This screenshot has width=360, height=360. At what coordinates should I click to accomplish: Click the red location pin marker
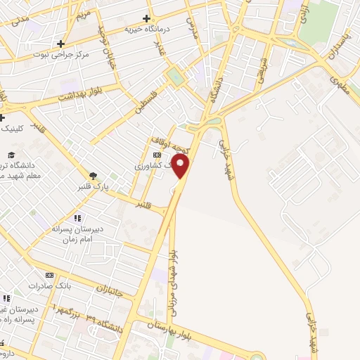(181, 167)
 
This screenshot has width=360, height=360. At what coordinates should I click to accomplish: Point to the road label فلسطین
(145, 101)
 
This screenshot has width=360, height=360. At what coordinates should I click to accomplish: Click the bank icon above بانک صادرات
(49, 276)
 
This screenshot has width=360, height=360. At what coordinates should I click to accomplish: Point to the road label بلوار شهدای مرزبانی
(173, 278)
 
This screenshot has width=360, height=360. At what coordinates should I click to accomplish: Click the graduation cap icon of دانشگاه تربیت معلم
(11, 155)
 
